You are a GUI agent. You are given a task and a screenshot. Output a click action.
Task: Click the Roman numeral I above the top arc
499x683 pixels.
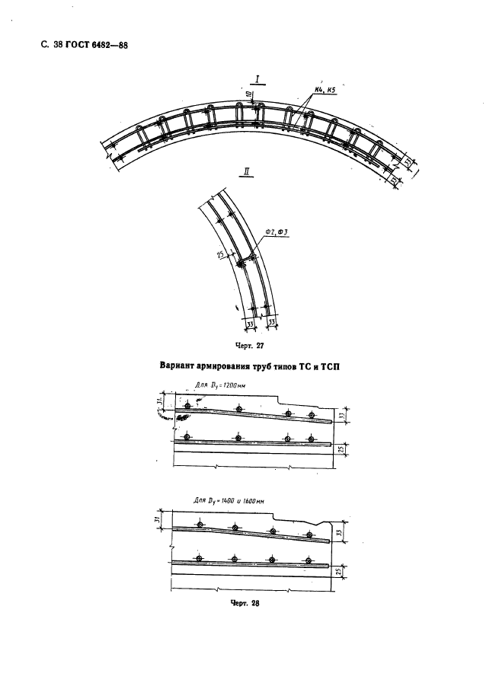(x=259, y=78)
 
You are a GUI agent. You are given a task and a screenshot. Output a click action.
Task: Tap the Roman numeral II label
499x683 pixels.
(x=246, y=172)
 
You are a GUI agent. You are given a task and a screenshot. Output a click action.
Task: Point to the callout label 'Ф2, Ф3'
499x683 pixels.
(x=275, y=233)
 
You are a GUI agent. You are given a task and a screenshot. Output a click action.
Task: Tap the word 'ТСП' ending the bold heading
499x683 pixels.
(x=328, y=366)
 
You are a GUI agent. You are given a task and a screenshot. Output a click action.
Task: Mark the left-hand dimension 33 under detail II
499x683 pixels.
(x=251, y=324)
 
